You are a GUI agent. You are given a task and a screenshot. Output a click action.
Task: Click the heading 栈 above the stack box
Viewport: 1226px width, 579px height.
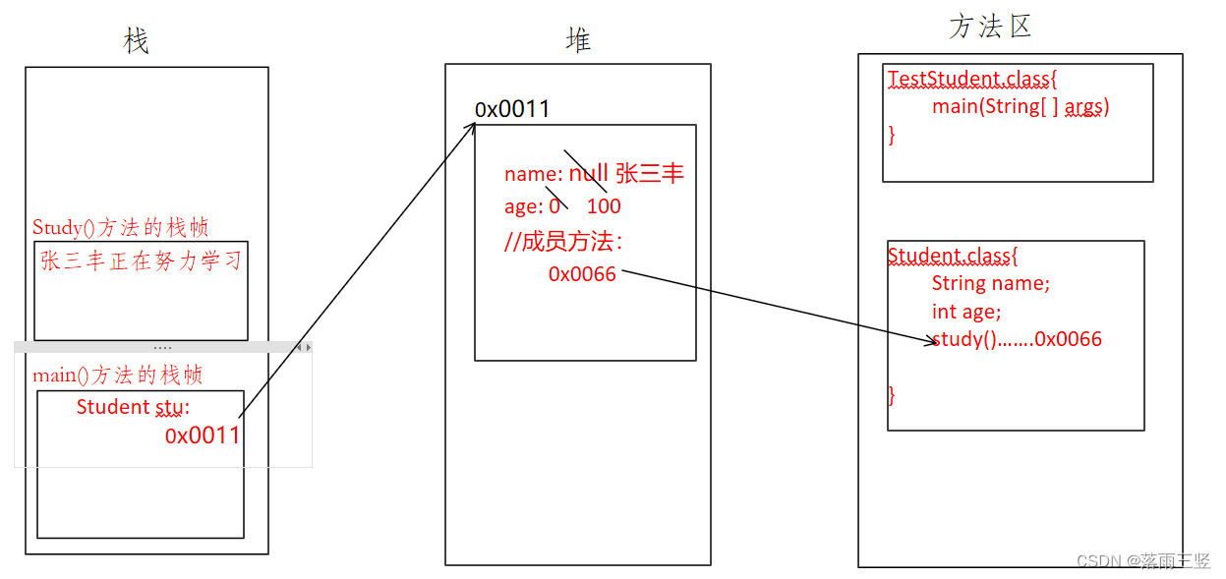(136, 41)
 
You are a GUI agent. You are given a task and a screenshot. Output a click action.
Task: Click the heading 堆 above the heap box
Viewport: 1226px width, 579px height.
(578, 39)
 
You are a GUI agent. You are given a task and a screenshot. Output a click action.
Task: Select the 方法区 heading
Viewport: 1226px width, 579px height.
(990, 27)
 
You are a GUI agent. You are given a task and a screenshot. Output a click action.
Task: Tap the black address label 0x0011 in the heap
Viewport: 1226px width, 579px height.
(512, 109)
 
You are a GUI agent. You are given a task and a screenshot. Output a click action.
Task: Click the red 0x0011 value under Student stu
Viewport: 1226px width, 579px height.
(203, 435)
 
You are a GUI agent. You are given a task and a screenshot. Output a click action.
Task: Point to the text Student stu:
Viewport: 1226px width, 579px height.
(133, 407)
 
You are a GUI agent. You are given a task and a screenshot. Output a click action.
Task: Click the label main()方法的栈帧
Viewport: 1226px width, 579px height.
(118, 376)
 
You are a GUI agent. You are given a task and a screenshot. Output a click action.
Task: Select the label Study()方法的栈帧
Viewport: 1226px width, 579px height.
(120, 228)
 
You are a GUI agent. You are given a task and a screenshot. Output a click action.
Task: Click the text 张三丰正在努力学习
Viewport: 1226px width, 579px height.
(141, 261)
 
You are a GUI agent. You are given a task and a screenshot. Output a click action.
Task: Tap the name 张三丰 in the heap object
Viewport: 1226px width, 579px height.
(649, 175)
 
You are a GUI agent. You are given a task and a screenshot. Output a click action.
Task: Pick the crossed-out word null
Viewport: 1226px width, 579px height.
(589, 175)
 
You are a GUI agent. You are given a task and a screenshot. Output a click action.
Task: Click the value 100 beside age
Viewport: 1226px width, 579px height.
(604, 206)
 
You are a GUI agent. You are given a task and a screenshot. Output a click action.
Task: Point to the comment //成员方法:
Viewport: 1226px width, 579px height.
(562, 242)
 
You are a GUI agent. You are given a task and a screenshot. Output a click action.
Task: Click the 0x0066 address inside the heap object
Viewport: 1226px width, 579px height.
(582, 274)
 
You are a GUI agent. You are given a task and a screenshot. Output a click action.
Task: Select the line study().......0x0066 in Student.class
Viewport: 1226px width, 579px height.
(1017, 340)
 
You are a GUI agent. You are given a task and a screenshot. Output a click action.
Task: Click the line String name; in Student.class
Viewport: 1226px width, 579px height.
(990, 283)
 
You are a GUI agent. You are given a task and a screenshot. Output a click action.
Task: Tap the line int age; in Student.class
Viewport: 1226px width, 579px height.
(966, 312)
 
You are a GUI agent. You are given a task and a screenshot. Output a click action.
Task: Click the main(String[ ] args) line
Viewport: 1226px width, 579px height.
(1020, 106)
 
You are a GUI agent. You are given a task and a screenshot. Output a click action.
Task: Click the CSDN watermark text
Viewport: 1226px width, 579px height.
(1142, 561)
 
